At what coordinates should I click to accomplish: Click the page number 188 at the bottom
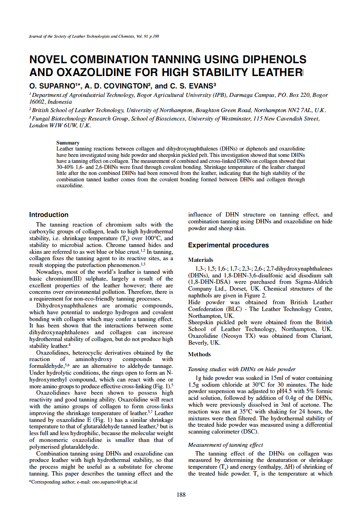click(181, 495)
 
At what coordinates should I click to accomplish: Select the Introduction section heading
click(49, 215)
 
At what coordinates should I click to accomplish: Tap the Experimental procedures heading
click(228, 245)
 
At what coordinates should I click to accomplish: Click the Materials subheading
click(200, 260)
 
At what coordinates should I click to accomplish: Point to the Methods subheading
click(199, 354)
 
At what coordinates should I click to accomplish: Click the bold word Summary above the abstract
click(68, 143)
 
